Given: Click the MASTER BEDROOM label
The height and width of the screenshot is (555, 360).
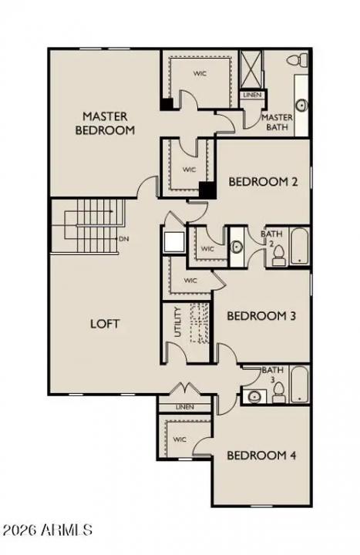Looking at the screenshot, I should click(105, 123).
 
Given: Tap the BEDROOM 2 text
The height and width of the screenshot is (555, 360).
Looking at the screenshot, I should click(264, 182).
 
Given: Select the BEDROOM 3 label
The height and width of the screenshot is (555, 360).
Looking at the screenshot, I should click(261, 315).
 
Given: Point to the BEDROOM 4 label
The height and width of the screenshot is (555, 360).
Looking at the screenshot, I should click(261, 455).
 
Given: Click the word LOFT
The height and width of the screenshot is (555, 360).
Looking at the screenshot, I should click(105, 324).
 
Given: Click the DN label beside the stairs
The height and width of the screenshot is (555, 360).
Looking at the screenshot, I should click(123, 239).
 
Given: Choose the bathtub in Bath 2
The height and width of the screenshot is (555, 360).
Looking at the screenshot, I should click(298, 247).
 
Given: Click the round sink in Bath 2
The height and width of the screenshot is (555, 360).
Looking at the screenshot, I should click(237, 247).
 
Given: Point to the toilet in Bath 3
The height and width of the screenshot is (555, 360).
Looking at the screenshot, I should click(278, 393).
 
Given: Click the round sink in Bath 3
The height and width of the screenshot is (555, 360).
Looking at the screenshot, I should click(252, 396).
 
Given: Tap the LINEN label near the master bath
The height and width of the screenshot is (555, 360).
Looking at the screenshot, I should click(252, 95).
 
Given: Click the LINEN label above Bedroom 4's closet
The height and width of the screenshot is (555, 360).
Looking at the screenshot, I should click(183, 407).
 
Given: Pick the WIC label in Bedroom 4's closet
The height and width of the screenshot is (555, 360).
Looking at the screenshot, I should click(180, 439).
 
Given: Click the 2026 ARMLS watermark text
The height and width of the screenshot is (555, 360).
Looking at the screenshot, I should click(47, 530).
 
